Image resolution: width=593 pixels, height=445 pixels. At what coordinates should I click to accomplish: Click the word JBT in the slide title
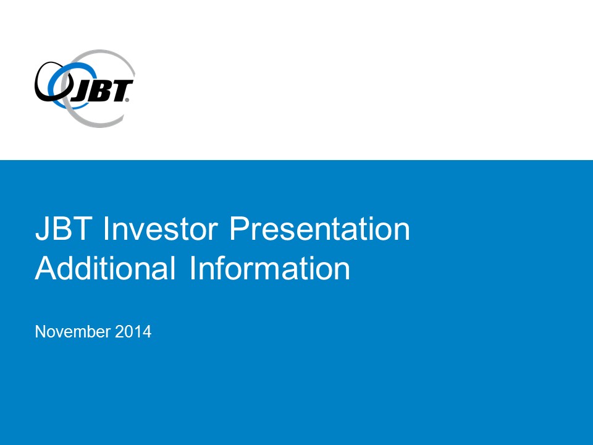(64, 228)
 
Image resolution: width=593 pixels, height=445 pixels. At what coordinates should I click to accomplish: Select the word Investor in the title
(161, 228)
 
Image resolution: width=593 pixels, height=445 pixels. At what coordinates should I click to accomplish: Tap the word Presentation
(319, 228)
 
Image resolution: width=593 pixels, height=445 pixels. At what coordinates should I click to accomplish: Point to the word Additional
(106, 268)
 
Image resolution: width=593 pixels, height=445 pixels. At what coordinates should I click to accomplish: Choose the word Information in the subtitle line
(270, 268)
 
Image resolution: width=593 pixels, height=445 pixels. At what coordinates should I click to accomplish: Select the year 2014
(133, 331)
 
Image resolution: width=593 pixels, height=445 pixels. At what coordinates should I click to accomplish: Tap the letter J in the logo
(79, 92)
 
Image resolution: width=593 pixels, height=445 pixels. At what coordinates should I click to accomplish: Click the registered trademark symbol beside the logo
(127, 100)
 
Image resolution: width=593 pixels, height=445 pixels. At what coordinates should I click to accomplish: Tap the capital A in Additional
(46, 268)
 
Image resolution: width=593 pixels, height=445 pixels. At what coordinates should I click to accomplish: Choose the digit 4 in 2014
(147, 331)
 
